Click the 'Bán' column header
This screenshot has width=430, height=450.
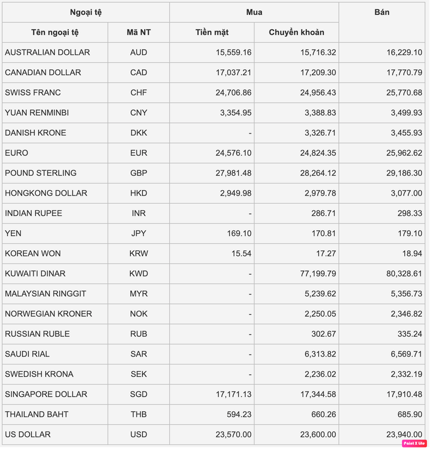pos(382,12)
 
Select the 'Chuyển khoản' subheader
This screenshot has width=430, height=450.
pos(296,32)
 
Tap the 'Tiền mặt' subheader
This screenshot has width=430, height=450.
pos(212,32)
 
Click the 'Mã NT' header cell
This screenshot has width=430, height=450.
pos(139,32)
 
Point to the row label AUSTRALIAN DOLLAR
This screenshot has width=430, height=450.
pos(47,52)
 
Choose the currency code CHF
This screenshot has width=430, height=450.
pos(138,92)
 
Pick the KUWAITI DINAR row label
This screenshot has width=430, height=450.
pos(35,274)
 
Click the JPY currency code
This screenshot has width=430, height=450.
pos(138,233)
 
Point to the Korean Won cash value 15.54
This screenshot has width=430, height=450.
pos(240,253)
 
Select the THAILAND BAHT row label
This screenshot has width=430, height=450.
pos(36,414)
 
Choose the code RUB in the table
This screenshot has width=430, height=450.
pos(138,334)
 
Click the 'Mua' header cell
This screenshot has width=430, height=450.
pos(254,12)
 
